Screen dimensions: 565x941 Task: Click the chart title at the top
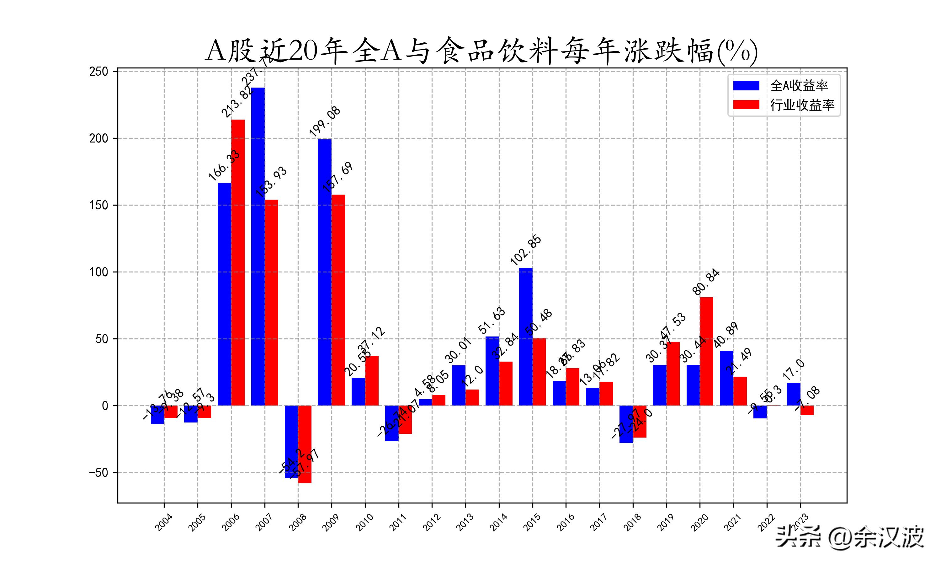tap(481, 51)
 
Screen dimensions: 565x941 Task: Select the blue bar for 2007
tap(258, 246)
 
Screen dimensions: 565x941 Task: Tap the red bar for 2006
tap(238, 262)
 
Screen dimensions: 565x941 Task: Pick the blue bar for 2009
tap(325, 272)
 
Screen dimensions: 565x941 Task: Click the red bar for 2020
tap(706, 351)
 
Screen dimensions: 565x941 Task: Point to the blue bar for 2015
tap(526, 336)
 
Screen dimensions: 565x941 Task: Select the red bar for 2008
tap(305, 444)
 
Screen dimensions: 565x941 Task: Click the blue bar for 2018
tap(626, 424)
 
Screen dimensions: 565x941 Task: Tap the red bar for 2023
tap(807, 410)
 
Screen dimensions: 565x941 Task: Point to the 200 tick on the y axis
tap(98, 138)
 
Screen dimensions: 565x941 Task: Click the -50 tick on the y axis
tap(98, 472)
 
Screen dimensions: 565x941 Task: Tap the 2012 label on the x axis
tap(432, 522)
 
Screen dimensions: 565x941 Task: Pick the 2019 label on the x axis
tap(666, 522)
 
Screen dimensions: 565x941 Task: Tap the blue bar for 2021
tap(726, 378)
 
